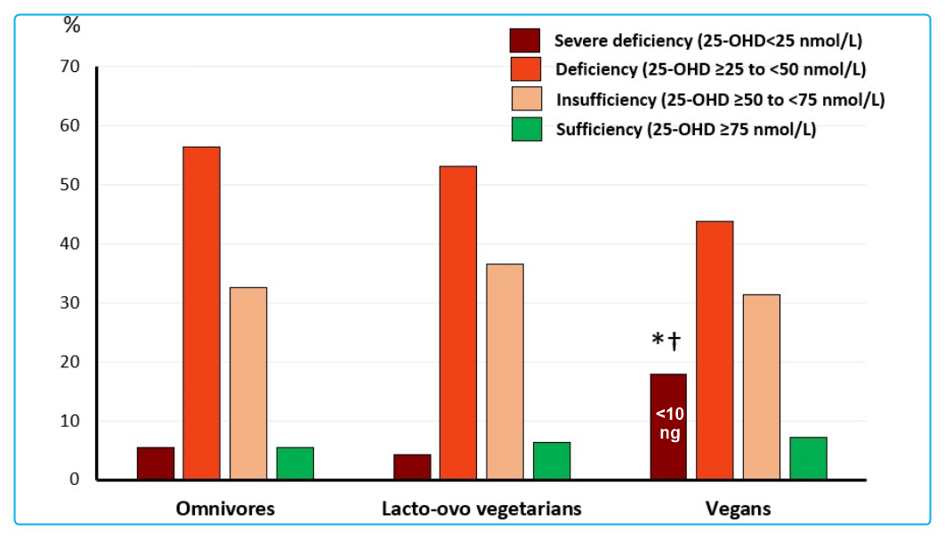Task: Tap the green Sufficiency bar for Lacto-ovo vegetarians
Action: [x=552, y=461]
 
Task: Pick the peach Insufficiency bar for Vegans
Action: [x=762, y=387]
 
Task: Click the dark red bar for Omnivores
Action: [x=155, y=463]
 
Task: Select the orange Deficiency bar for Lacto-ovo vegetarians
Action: [x=457, y=323]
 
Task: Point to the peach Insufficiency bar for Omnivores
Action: [x=247, y=383]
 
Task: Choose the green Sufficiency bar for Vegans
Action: [x=808, y=458]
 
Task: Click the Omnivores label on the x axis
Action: [x=225, y=509]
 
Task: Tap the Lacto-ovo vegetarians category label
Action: [x=481, y=509]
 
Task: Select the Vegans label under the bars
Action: [x=739, y=509]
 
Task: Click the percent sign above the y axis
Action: [x=71, y=25]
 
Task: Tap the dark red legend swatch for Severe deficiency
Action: [x=524, y=40]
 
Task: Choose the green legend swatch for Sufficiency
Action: [x=524, y=129]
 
